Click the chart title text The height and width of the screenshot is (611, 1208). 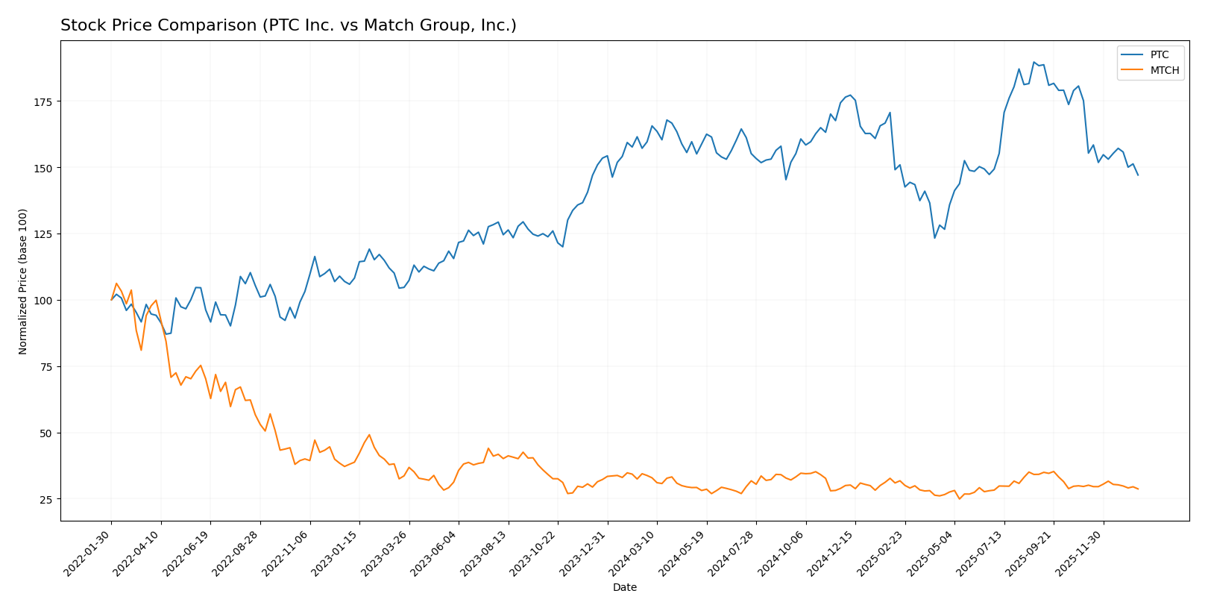click(x=288, y=26)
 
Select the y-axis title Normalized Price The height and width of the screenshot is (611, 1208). click(x=23, y=281)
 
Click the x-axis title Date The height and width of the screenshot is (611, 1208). click(x=624, y=588)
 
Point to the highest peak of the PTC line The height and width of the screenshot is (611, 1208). click(x=1034, y=62)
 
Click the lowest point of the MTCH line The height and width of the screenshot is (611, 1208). click(x=960, y=499)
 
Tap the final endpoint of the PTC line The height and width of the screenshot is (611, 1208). click(x=1138, y=175)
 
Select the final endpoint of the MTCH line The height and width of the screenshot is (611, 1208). click(x=1138, y=489)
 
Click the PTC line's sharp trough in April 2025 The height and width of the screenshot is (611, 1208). click(x=934, y=238)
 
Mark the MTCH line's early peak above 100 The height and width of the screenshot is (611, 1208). click(x=116, y=283)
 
